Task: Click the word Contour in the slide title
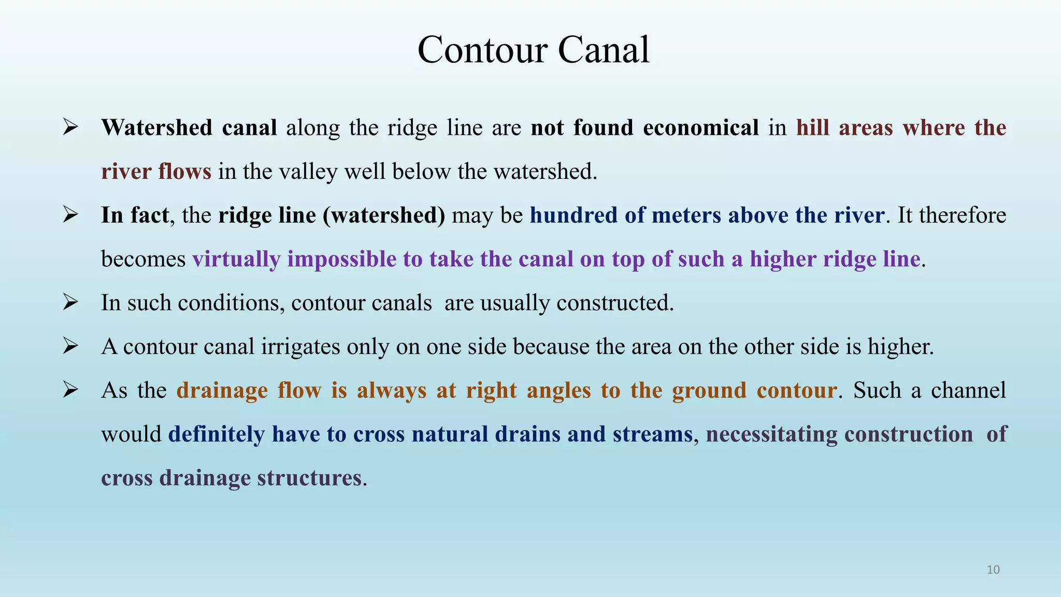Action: coord(482,50)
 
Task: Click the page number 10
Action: coord(993,570)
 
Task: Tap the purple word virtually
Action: coord(236,259)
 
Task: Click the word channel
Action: coord(968,391)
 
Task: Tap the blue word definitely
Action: coord(217,434)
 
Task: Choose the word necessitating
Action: coord(771,434)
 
